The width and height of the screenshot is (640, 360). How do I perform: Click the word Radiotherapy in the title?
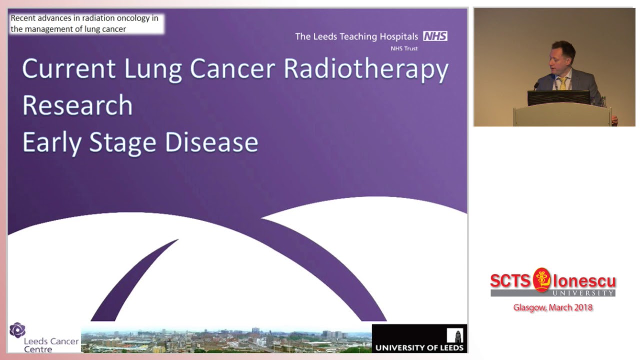[x=366, y=69]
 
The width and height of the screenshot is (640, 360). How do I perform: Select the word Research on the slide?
[x=77, y=105]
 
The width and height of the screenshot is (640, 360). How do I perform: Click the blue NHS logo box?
[x=435, y=36]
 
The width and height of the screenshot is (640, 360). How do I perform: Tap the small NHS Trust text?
[x=404, y=48]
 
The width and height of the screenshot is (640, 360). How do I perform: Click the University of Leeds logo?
[x=420, y=338]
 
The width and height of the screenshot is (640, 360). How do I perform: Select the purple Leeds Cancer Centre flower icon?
[x=17, y=330]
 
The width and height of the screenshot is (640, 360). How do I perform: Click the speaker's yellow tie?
[x=563, y=83]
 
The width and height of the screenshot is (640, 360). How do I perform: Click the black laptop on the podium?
[x=559, y=98]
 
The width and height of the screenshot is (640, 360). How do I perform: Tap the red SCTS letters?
[x=510, y=281]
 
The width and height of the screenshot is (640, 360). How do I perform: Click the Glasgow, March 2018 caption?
[x=553, y=307]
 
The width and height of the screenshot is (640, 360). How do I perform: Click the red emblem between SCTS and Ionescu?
[x=541, y=279]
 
